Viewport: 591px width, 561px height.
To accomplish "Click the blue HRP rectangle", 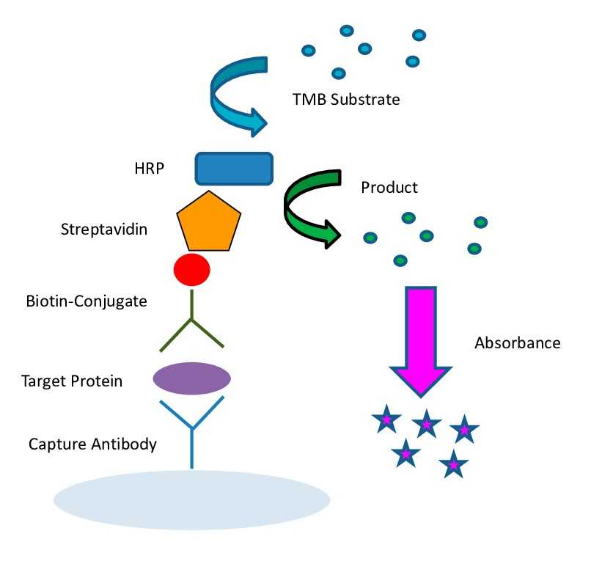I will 234,168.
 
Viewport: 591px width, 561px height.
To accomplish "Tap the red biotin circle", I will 191,269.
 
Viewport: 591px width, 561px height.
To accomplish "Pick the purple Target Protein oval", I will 191,378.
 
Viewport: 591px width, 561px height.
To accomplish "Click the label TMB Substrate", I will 345,99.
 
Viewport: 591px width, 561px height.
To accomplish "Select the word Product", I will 389,187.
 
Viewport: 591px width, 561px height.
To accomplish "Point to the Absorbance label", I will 518,342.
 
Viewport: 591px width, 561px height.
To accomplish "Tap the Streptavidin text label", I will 103,230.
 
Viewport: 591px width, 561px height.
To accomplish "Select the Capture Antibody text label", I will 92,444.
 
